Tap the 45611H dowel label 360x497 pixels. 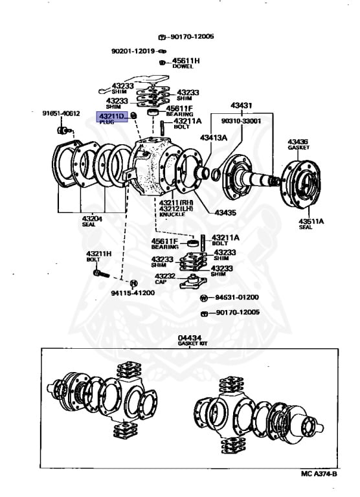coord(186,60)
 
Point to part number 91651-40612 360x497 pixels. coord(61,113)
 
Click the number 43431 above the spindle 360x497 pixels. coord(242,105)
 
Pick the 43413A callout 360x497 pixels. coord(213,137)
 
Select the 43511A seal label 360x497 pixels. coord(311,222)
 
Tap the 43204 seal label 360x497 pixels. coord(91,219)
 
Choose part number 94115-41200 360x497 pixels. coord(132,293)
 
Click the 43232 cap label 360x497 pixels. coord(162,276)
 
